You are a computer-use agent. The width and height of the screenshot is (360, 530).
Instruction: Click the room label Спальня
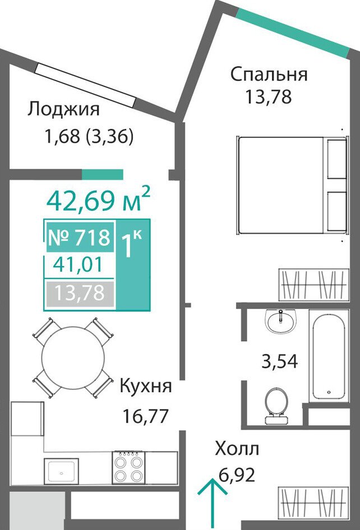tap(269, 75)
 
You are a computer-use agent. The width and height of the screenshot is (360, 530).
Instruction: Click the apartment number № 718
tap(80, 237)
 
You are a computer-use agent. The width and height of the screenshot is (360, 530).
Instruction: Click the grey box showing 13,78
tap(80, 293)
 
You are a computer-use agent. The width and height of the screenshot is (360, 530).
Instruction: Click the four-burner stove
tap(129, 467)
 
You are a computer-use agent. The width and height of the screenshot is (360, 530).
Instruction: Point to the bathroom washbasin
tap(281, 321)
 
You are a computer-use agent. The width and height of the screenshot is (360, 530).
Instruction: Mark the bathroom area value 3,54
tap(279, 361)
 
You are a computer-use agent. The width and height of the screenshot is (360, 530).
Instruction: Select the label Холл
tap(237, 449)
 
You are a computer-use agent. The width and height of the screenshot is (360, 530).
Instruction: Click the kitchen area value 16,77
tap(145, 416)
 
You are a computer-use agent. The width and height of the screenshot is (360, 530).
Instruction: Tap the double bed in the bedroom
tap(293, 185)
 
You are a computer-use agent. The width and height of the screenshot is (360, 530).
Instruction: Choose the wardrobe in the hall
tap(313, 503)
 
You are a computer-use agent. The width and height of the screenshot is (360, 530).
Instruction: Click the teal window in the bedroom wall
tap(293, 32)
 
